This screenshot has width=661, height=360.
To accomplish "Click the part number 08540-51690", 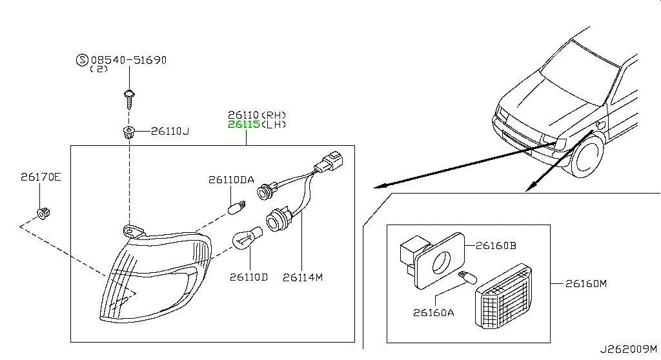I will (x=128, y=60).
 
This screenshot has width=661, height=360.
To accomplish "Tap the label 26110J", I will (x=170, y=132).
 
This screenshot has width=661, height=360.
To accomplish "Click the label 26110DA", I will (x=230, y=181).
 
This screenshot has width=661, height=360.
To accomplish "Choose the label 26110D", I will (x=248, y=277).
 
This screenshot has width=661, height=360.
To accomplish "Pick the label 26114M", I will (x=302, y=277).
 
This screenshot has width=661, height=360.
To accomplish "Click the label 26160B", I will (x=496, y=246).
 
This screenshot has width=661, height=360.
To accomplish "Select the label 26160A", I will (x=434, y=313).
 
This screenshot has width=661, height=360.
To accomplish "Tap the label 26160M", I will (x=586, y=283).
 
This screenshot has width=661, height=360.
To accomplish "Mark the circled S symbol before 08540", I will (x=82, y=60).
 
